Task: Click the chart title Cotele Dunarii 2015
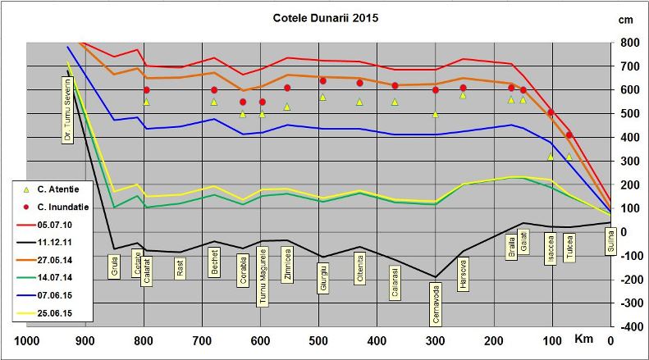325,17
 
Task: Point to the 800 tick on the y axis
630,43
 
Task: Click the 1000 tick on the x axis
27,342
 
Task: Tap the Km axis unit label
583,339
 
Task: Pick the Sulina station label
610,244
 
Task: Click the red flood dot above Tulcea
569,135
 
